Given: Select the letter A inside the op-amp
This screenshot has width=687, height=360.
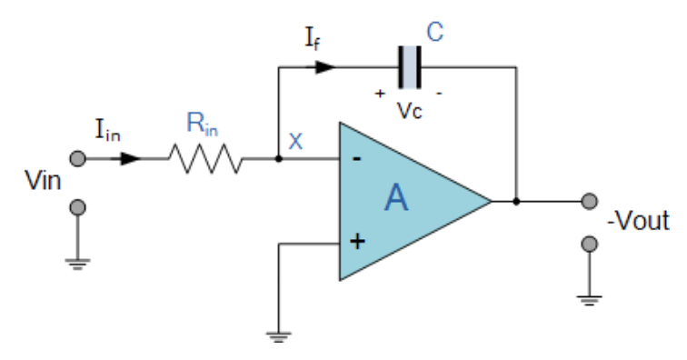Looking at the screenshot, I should pyautogui.click(x=396, y=197).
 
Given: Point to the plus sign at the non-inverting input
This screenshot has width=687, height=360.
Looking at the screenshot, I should pyautogui.click(x=357, y=242).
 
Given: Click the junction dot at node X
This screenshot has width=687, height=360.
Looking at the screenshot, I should pyautogui.click(x=278, y=159).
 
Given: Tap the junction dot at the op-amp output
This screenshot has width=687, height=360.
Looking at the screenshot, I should pyautogui.click(x=516, y=201).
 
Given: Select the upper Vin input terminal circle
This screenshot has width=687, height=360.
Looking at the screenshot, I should pyautogui.click(x=78, y=159).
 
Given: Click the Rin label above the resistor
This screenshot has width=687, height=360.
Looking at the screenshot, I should pyautogui.click(x=203, y=125).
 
